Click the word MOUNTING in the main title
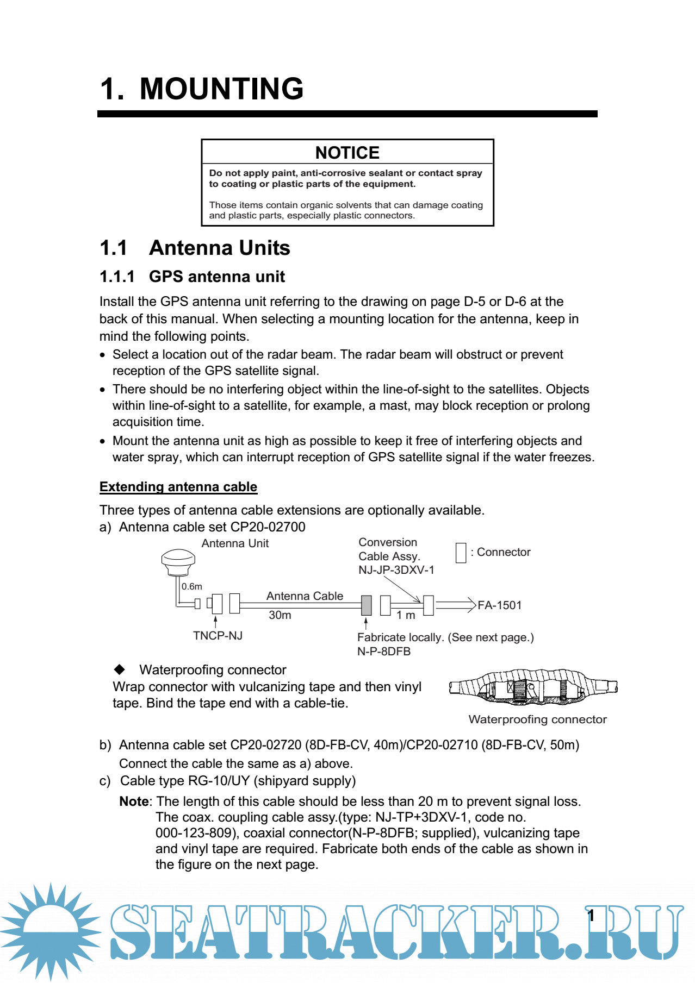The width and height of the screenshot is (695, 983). click(x=221, y=89)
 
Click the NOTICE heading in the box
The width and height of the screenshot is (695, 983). click(x=347, y=153)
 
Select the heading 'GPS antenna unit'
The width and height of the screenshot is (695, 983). click(x=216, y=277)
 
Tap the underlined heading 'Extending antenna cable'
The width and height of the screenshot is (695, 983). click(x=178, y=487)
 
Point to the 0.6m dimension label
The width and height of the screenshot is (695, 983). click(x=192, y=586)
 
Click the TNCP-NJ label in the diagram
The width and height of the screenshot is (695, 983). click(x=218, y=636)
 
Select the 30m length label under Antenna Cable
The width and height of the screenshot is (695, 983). click(x=280, y=615)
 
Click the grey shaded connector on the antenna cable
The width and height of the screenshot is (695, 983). click(x=367, y=605)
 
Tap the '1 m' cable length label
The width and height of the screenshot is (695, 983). click(x=406, y=615)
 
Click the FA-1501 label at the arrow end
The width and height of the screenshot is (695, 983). click(x=499, y=605)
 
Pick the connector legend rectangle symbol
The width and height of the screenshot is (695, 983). click(x=461, y=553)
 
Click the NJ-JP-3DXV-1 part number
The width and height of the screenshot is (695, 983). click(x=396, y=570)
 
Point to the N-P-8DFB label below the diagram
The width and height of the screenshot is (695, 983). click(x=383, y=652)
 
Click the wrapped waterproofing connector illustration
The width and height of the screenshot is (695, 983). click(x=533, y=687)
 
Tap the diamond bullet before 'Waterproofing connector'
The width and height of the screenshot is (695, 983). click(x=120, y=669)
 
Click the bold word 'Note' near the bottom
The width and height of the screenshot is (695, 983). click(x=134, y=802)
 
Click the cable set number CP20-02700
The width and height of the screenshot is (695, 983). click(x=268, y=527)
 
